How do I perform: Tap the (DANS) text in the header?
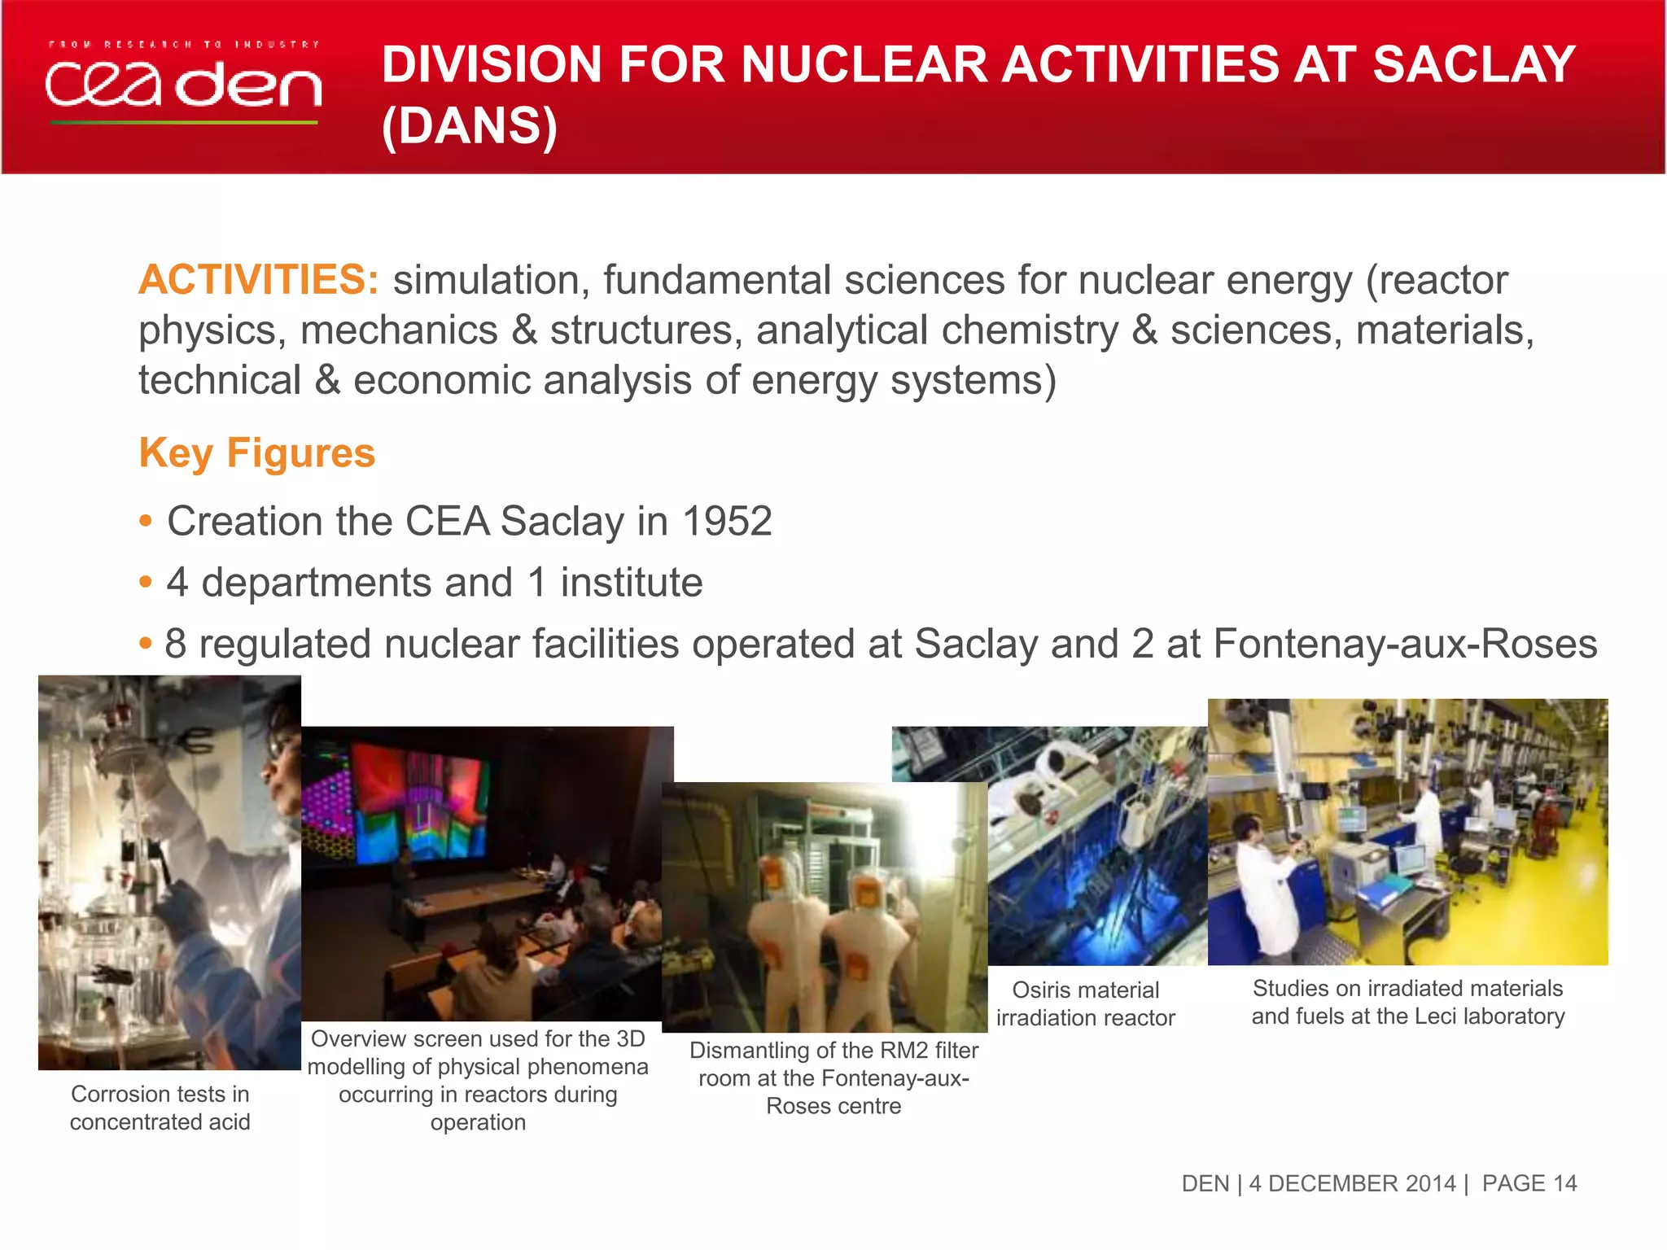click(470, 126)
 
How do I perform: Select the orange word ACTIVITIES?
click(258, 280)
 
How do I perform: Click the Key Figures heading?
click(256, 452)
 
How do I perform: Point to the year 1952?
click(727, 521)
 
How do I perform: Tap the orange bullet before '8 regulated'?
click(146, 644)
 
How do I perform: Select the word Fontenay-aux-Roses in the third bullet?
click(1405, 644)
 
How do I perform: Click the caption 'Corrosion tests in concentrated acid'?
click(160, 1108)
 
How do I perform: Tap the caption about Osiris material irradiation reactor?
click(1085, 1003)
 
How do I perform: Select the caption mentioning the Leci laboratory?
click(1407, 1002)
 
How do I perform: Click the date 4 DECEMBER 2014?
click(1352, 1183)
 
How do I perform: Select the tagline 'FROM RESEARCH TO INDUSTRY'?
click(183, 45)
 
